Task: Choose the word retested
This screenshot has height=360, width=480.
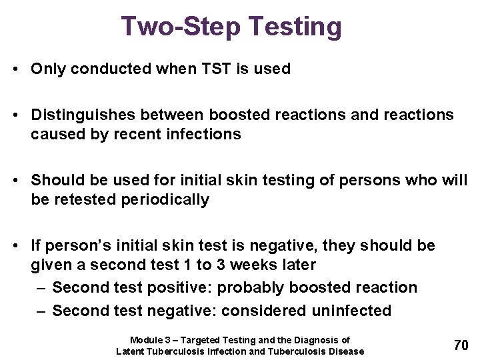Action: tap(85, 199)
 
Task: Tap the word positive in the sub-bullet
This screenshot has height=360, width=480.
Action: tap(178, 287)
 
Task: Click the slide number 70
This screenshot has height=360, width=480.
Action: tap(461, 345)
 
